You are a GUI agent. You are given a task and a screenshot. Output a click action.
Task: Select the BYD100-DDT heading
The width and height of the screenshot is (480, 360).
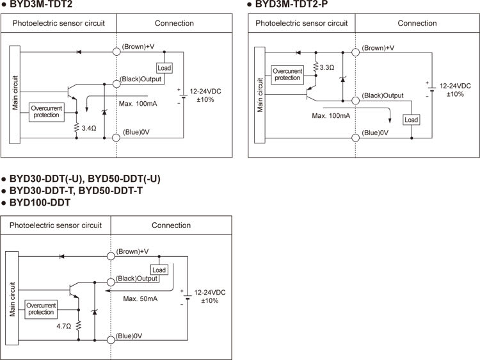(40, 202)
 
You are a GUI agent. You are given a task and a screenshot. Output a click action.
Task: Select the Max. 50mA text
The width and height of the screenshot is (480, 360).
(141, 299)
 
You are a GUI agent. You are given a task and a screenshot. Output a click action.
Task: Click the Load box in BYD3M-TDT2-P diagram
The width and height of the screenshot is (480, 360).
(411, 120)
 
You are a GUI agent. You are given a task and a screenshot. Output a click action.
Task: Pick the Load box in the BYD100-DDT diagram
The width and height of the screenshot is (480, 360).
(159, 270)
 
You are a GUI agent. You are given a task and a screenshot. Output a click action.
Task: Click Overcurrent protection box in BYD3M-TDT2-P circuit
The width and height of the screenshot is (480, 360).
(286, 74)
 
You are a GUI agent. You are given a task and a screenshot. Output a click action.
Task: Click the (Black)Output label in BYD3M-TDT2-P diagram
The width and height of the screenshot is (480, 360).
(383, 95)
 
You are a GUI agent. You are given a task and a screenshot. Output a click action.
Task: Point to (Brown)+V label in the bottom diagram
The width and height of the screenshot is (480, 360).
(132, 251)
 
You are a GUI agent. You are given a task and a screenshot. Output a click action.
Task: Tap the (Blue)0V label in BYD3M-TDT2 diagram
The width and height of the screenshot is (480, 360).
(136, 132)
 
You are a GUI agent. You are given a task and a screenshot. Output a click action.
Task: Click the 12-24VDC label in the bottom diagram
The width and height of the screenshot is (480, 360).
(211, 291)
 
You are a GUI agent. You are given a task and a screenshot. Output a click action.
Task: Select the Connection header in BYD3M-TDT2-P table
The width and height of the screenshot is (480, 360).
(417, 23)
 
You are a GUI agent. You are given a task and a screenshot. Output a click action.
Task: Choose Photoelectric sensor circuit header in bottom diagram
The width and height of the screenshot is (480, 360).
(56, 225)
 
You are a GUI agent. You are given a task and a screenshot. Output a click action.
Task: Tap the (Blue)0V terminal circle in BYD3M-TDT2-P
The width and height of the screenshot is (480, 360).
(355, 138)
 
